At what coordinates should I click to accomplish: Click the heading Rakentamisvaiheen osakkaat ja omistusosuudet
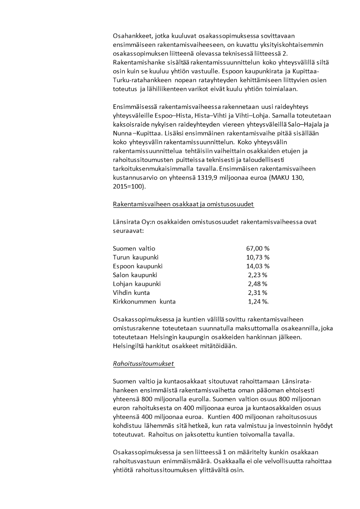click(183, 204)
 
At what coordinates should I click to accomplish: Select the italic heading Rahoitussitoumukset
click(144, 363)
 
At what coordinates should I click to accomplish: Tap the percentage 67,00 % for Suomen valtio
click(258, 249)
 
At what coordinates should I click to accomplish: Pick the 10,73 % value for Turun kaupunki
click(258, 257)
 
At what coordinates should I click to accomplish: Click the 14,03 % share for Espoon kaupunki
click(258, 266)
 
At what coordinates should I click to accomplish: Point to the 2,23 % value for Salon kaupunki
click(258, 275)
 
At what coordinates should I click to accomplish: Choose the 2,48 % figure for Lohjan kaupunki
click(258, 284)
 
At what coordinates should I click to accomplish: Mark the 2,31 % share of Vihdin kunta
click(258, 293)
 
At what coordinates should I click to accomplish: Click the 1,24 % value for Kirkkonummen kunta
click(258, 301)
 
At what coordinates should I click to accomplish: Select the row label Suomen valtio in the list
click(134, 249)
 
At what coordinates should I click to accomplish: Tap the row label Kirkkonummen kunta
click(144, 301)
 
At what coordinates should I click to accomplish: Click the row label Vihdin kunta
click(131, 293)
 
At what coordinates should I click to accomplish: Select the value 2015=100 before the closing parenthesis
click(129, 186)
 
